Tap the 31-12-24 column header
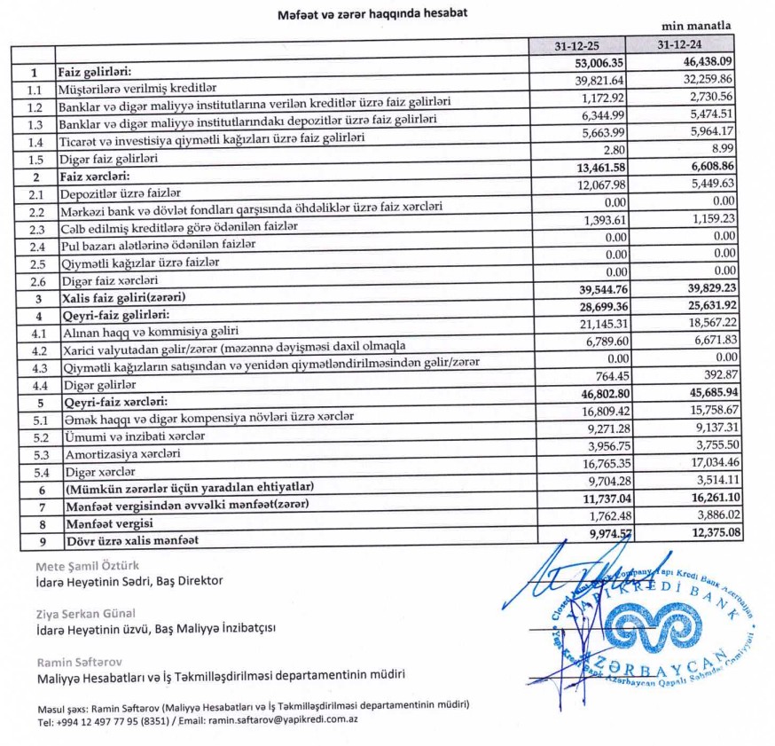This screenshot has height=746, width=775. [681, 44]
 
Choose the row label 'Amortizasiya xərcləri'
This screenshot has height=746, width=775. [117, 453]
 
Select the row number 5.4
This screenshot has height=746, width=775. [34, 470]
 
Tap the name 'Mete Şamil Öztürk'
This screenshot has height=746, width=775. [87, 565]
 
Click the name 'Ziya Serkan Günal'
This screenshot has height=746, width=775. [86, 613]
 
